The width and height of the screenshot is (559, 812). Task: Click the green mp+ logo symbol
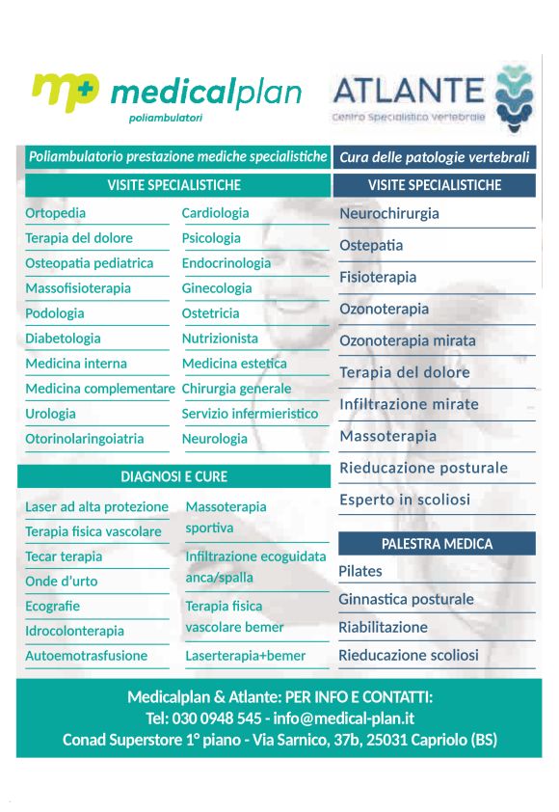pos(65,93)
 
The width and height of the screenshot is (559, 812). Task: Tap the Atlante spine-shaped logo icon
pos(513,97)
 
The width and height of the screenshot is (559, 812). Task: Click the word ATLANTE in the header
pos(408,91)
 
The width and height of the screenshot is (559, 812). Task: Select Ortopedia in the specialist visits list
pos(55,213)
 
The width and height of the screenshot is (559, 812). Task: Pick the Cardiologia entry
pos(215,213)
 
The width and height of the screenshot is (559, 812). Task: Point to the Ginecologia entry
pos(217,288)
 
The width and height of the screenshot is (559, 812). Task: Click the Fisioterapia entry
pos(378,278)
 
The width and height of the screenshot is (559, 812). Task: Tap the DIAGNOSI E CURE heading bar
pos(173,476)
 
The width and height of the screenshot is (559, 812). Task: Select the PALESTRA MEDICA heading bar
pos(437,544)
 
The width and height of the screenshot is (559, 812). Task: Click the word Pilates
pos(360,571)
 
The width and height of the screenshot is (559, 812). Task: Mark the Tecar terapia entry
pos(64,556)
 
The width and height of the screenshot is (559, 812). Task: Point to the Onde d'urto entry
pos(61,582)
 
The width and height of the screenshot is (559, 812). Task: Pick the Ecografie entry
pos(52,607)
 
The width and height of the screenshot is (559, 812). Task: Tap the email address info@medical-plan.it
pos(344,718)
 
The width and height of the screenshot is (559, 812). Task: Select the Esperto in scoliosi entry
pos(405,500)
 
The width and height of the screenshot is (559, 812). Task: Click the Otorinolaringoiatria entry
pos(85,439)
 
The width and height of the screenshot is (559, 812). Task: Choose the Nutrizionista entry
pos(220,338)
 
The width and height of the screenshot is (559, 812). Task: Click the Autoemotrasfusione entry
pos(87,656)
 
